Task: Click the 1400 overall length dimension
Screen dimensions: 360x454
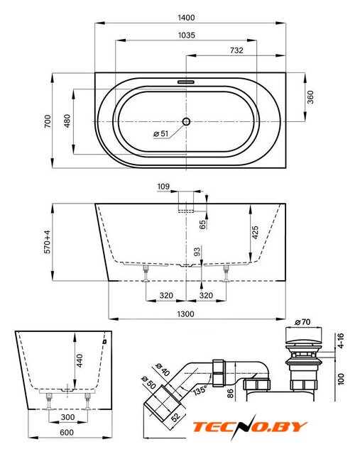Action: click(186, 18)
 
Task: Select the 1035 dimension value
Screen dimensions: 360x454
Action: click(186, 35)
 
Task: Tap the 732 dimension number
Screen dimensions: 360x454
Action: click(236, 50)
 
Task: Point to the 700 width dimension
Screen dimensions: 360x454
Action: click(48, 121)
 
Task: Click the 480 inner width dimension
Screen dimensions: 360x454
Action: click(67, 121)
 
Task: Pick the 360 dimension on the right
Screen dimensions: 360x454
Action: click(310, 97)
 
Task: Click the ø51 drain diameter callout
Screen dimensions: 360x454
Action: click(161, 133)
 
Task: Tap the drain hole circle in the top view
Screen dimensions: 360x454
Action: click(186, 121)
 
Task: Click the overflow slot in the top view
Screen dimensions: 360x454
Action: click(186, 82)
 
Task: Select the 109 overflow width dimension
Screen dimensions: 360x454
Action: click(163, 187)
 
